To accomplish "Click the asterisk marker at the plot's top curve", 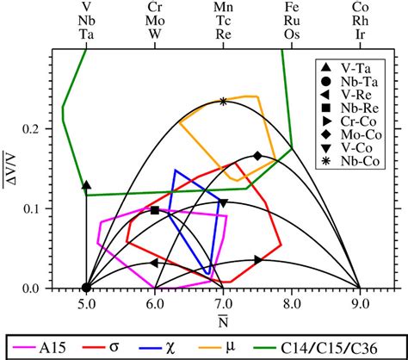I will tap(223, 102).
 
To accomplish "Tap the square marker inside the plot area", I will tap(155, 210).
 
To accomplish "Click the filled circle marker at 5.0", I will tap(86, 289).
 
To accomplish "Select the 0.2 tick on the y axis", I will tap(37, 128).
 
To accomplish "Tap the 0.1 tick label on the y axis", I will tap(37, 208).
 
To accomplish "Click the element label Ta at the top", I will tap(86, 35).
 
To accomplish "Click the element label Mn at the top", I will tap(223, 8).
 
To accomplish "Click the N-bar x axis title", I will tap(223, 322).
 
